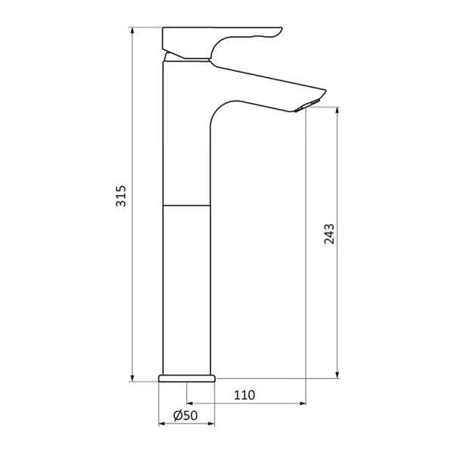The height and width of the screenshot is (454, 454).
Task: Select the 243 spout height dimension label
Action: tap(328, 235)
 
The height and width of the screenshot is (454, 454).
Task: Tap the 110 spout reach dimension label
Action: tap(244, 395)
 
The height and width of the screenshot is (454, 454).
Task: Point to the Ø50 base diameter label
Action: tap(185, 415)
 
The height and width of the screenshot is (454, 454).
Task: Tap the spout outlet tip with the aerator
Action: tap(311, 102)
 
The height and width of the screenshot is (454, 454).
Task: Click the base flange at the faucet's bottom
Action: tap(188, 378)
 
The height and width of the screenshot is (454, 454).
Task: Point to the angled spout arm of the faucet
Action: tap(265, 82)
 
